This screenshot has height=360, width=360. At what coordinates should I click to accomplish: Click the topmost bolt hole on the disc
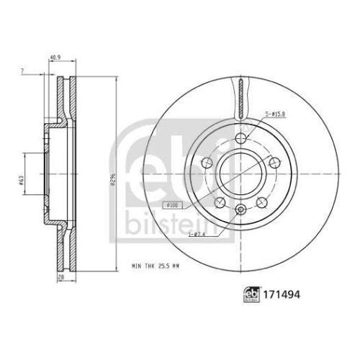click(x=240, y=139)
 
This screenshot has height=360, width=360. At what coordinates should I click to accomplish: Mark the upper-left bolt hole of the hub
click(x=208, y=162)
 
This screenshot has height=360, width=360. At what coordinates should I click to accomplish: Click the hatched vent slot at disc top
click(x=240, y=97)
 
